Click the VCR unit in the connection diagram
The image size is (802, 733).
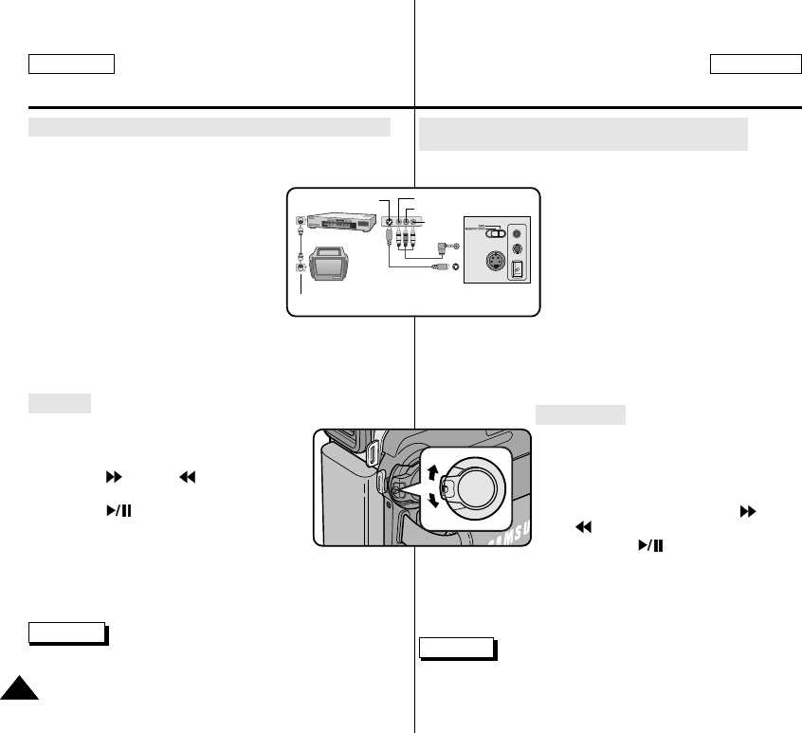[x=337, y=221]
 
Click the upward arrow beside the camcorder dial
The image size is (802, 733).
[x=434, y=473]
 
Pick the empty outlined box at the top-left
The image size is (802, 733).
[x=71, y=64]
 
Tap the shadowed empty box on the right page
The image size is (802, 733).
[x=456, y=649]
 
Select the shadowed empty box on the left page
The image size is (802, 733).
[x=65, y=632]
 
